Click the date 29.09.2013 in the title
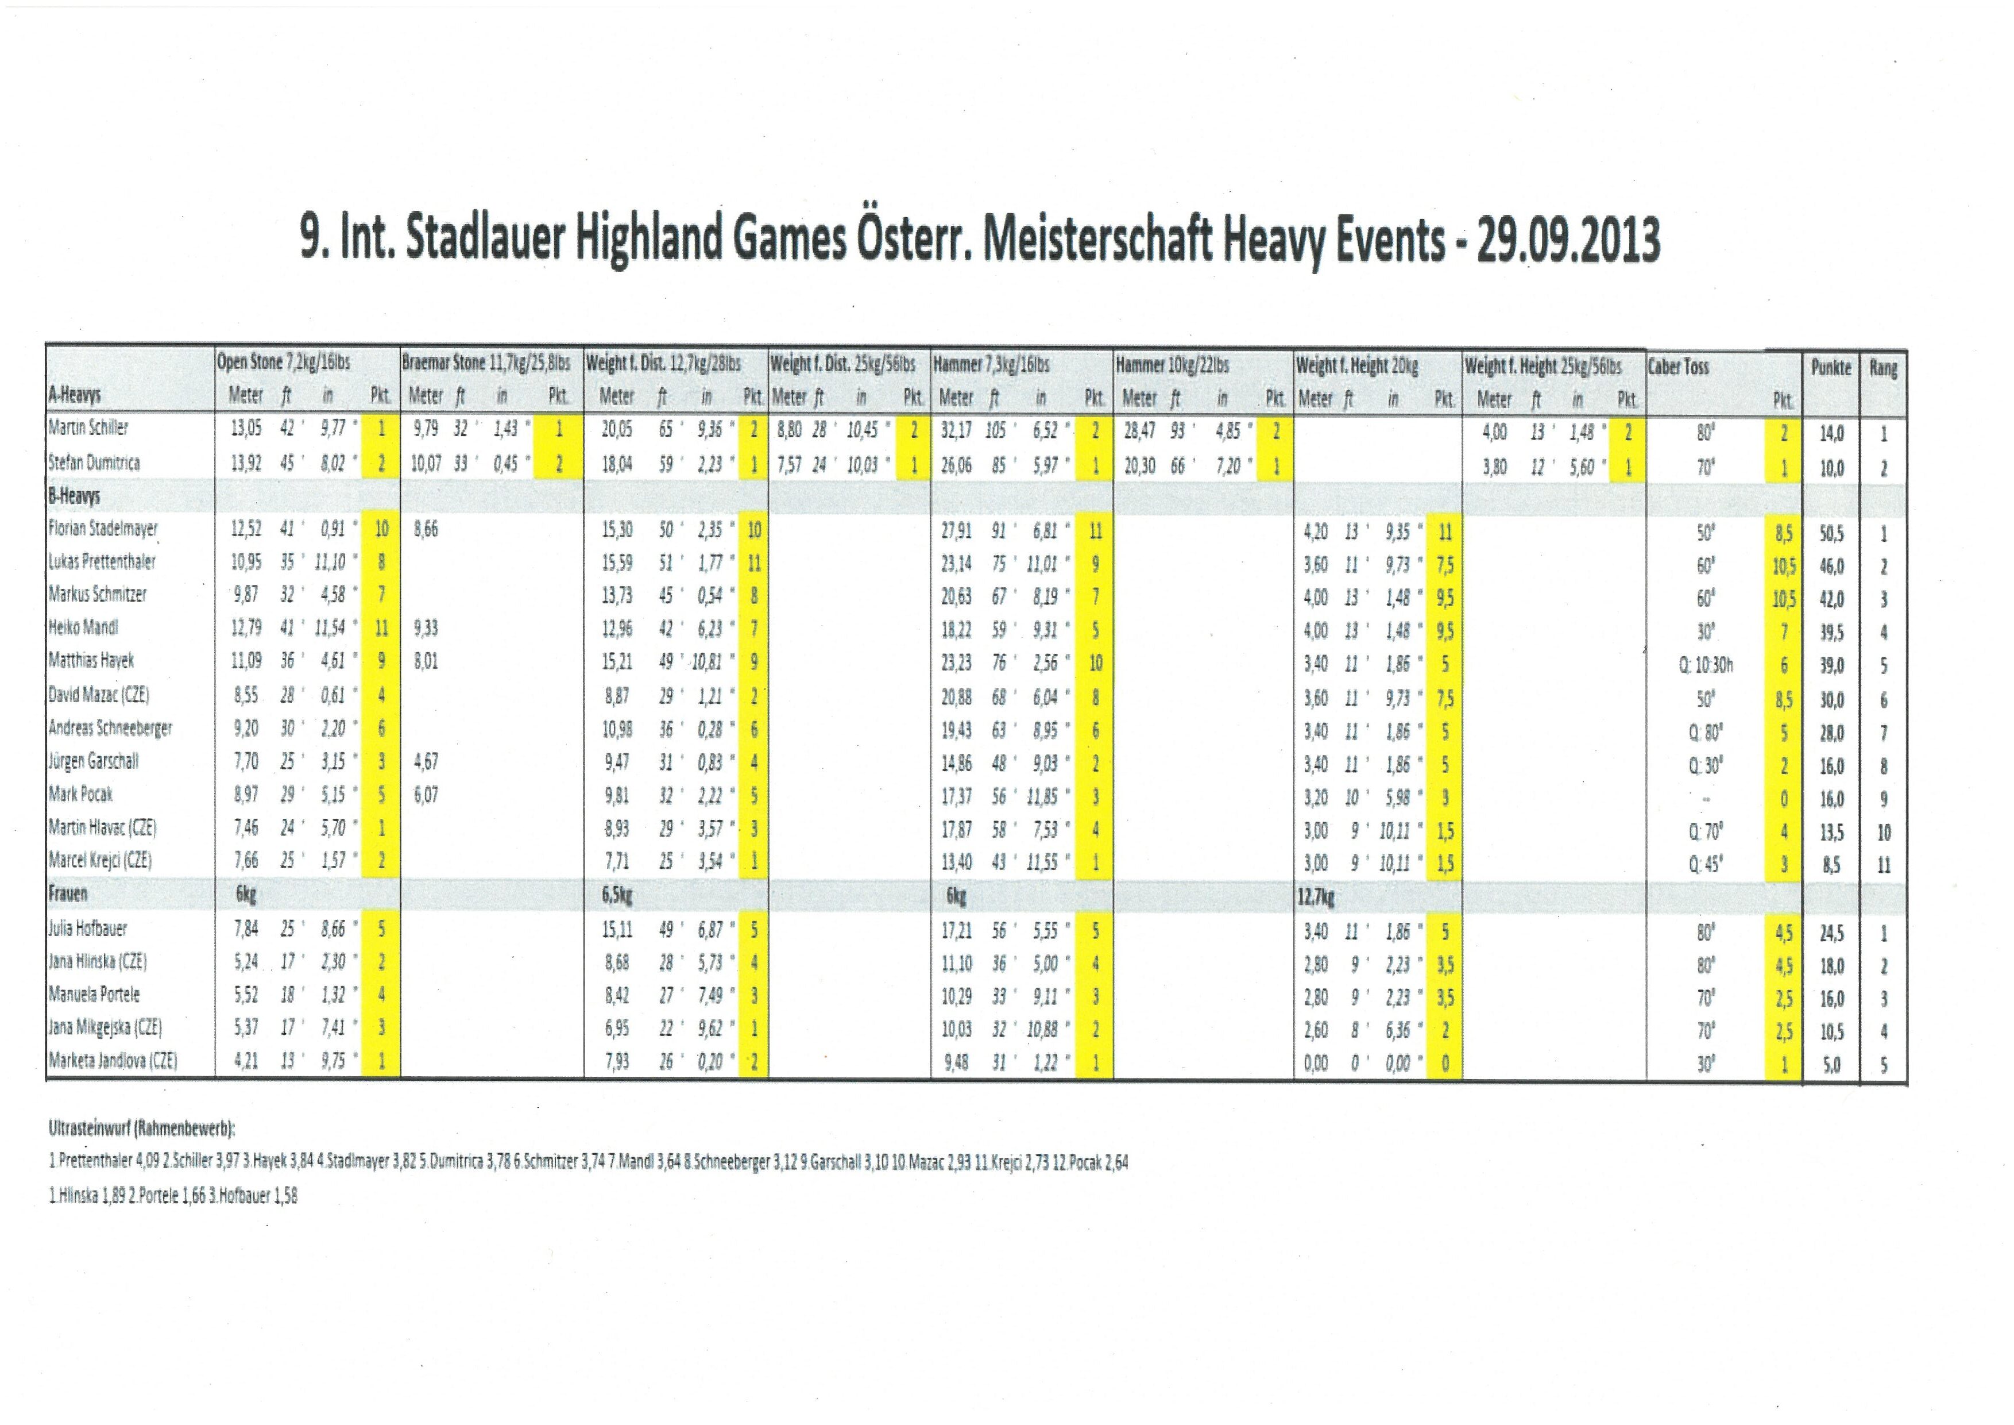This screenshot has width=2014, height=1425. click(1568, 240)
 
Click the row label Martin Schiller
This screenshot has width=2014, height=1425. click(88, 428)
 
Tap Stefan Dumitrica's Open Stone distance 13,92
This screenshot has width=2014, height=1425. click(246, 463)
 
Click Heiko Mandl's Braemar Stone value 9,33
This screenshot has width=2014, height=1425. click(426, 628)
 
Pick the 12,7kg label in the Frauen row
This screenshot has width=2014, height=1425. click(1316, 897)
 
